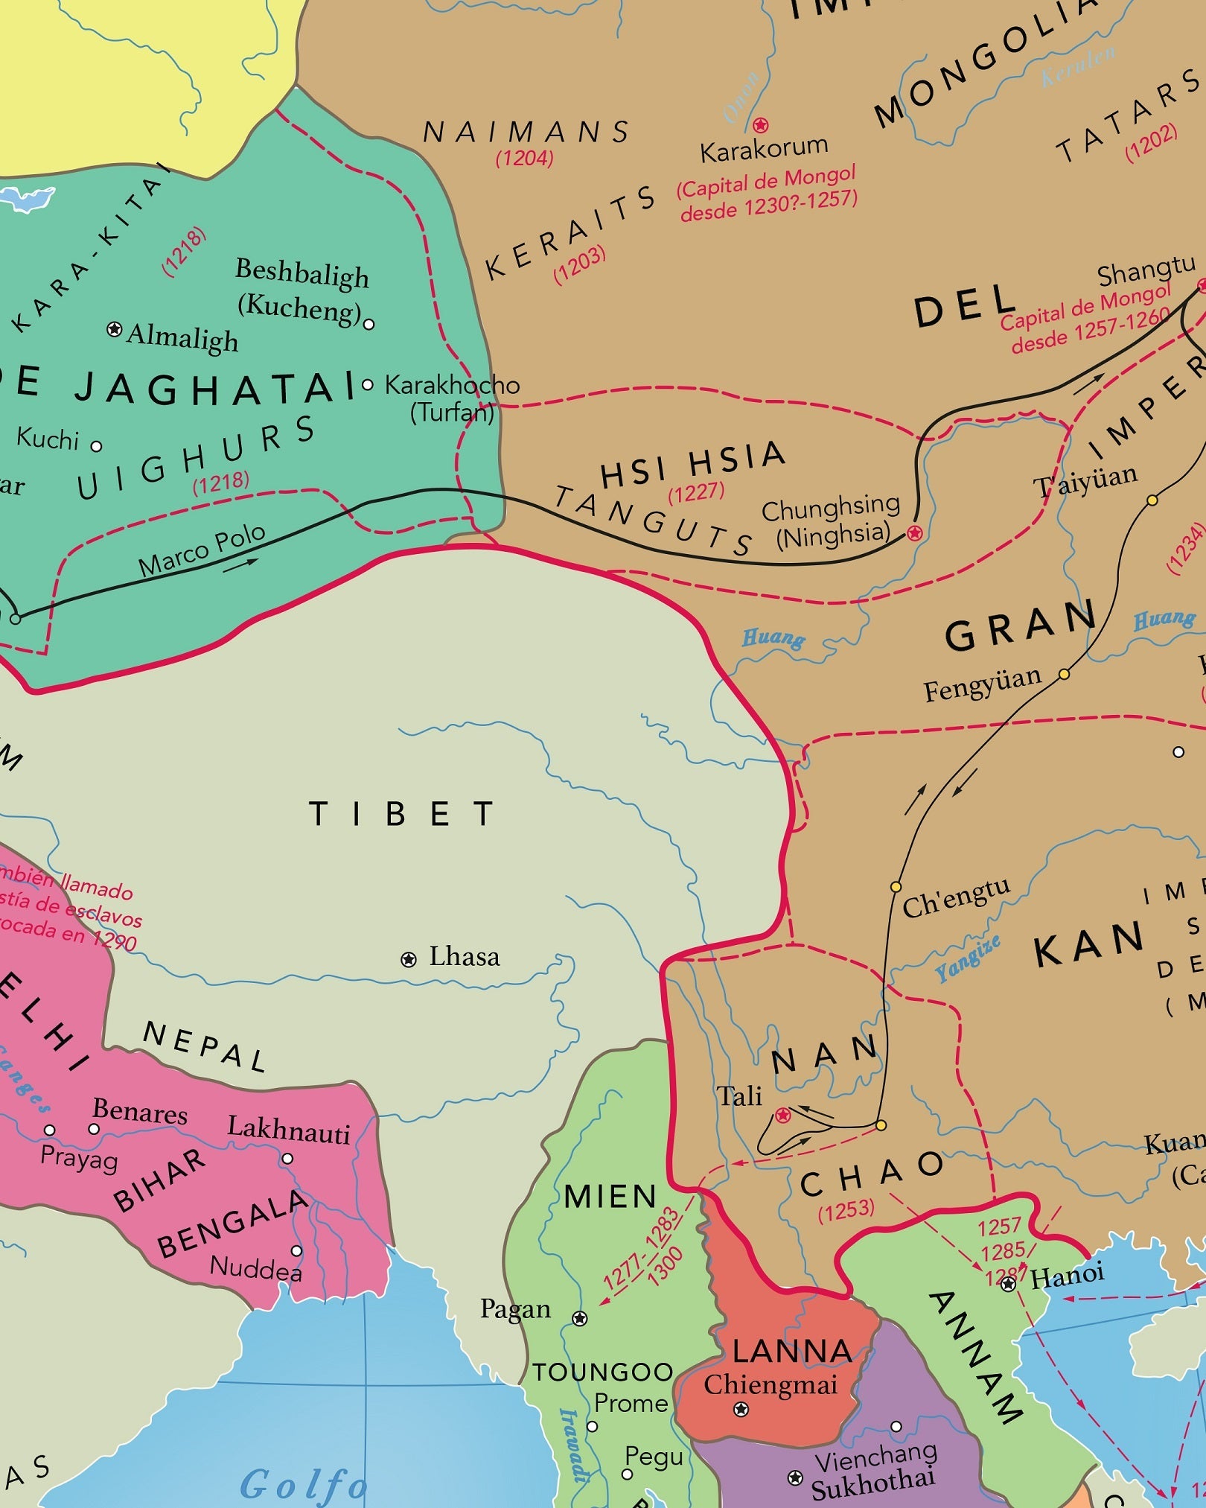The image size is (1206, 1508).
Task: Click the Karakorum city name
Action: [764, 149]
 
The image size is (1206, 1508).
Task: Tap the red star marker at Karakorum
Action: [760, 125]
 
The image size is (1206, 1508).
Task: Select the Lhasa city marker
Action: [409, 960]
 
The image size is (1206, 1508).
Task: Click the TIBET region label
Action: [402, 814]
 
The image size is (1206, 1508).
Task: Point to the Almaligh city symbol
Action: [114, 328]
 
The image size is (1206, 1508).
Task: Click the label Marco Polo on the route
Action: [202, 550]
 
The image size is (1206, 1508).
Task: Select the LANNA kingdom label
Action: [792, 1352]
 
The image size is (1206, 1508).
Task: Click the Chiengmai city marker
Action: [741, 1409]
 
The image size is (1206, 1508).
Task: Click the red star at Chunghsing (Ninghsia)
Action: [915, 533]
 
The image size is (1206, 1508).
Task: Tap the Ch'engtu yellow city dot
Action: [896, 887]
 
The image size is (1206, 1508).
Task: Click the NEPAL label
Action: [205, 1046]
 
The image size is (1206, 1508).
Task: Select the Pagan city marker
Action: [580, 1319]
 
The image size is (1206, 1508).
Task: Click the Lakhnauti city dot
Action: [287, 1159]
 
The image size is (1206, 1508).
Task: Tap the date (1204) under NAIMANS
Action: [525, 158]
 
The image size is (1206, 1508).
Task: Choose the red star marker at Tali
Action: [782, 1116]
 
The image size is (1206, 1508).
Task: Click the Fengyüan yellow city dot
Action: [1065, 675]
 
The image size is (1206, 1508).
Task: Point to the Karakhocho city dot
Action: [367, 385]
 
